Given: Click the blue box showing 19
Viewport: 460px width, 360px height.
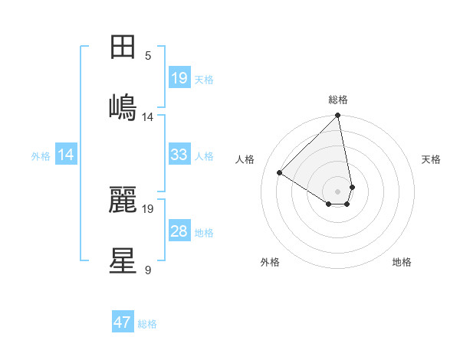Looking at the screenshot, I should point(179,77).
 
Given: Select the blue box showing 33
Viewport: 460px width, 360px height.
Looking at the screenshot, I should point(179,155).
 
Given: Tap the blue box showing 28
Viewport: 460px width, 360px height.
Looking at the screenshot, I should point(179,231).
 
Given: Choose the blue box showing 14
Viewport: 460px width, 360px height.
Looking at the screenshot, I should point(66,155).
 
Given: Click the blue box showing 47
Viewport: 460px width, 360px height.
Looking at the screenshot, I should point(123,322).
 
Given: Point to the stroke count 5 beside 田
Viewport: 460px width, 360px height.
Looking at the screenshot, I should point(148,55).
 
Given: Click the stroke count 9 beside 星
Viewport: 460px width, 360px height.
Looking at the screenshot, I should point(148,270).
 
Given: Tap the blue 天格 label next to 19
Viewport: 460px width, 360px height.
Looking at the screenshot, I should point(204,79).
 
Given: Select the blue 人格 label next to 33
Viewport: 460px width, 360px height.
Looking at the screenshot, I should point(204,156).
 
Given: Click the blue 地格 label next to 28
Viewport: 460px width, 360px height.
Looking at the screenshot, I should point(204,233).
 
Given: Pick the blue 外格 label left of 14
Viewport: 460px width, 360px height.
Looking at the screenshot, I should point(41,156).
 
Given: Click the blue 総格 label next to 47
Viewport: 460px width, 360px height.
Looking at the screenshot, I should point(147,324).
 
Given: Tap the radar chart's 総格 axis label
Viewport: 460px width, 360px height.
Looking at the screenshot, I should point(338,100).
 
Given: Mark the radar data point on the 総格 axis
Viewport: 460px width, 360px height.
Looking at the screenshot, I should point(338,116).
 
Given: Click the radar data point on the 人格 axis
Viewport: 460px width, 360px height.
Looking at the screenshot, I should point(280,173).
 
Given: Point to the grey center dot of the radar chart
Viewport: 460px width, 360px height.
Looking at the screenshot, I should point(338,191).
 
